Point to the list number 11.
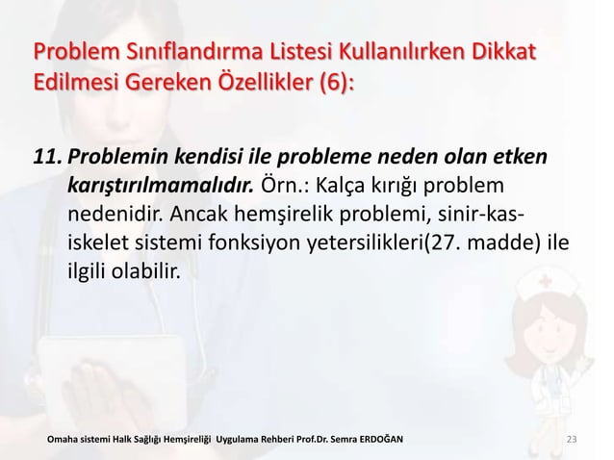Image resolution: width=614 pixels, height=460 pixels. [x=47, y=156]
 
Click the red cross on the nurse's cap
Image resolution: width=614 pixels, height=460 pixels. [x=550, y=284]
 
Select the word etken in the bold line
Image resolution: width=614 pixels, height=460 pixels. [x=521, y=156]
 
